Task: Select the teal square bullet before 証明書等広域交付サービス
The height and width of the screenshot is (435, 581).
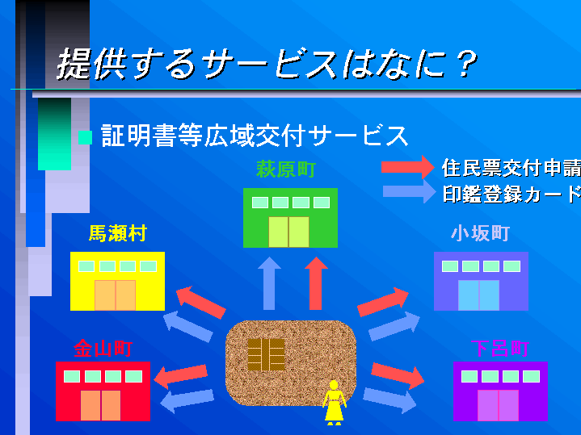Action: (85, 136)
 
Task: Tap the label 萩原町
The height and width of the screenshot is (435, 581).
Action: (285, 170)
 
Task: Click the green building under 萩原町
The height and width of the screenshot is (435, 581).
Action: (290, 218)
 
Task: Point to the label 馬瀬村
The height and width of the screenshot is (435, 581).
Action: (117, 234)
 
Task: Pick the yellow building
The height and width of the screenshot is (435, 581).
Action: (117, 281)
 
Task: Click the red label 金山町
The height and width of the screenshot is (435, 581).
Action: (103, 349)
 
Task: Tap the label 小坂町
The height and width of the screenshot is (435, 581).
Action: (480, 234)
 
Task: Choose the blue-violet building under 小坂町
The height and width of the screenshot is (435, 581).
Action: (481, 281)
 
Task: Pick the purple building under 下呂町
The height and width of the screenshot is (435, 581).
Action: (500, 391)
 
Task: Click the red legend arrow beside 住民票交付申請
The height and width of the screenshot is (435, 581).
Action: (408, 167)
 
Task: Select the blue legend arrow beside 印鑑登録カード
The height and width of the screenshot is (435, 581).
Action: (408, 192)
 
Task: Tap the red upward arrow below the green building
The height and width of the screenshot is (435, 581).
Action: (317, 283)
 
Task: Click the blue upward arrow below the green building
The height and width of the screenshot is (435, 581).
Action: (269, 283)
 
